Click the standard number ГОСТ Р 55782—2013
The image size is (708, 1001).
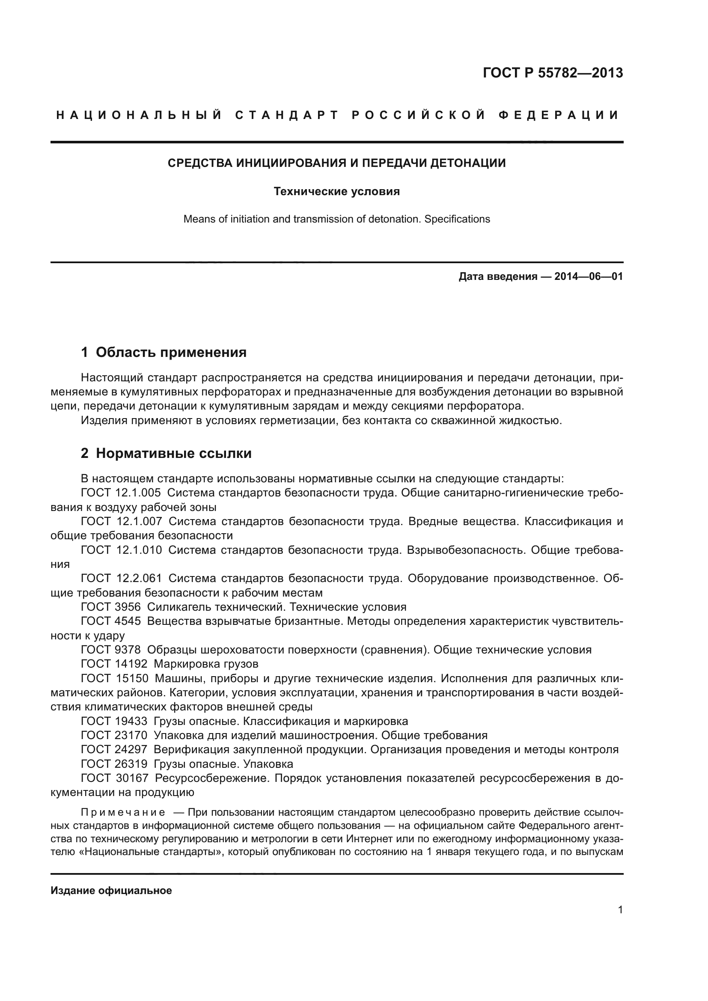553,73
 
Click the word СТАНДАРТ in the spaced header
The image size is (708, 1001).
286,115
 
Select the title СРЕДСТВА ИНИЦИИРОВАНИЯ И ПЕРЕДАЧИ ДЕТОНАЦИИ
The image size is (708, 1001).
336,163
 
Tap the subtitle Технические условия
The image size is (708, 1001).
336,191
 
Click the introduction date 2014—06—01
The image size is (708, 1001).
589,276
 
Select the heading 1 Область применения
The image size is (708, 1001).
164,352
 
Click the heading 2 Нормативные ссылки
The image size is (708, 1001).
166,453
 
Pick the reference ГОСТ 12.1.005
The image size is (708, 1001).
121,493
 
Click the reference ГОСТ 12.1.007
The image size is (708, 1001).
121,521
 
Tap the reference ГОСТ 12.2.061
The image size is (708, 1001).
121,578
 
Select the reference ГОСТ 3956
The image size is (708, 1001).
111,607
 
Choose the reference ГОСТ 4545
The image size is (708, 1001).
111,621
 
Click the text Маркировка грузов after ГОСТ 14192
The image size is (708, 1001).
206,664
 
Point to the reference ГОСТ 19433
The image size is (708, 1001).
114,721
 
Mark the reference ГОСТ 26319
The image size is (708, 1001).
114,764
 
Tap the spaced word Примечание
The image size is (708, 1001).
123,812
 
